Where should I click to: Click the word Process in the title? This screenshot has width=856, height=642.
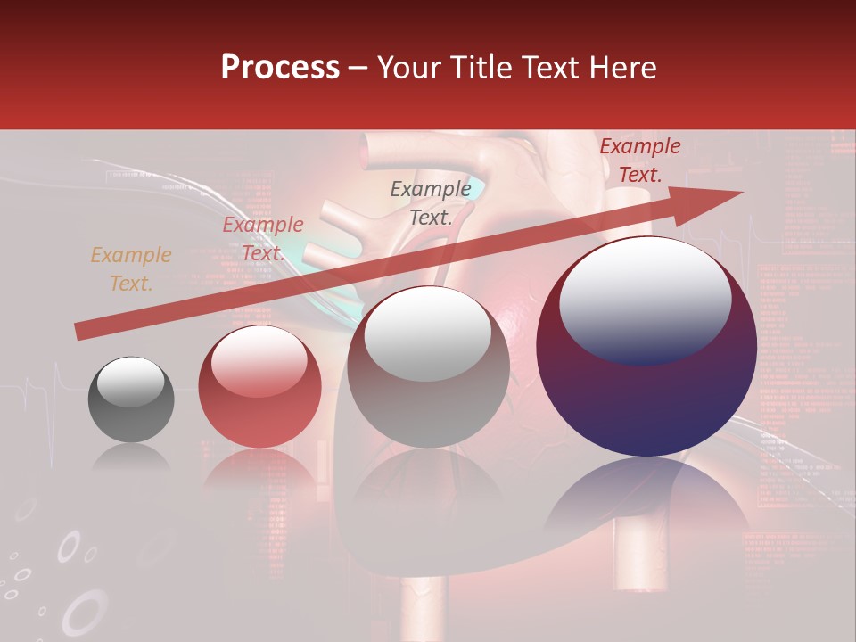tap(280, 68)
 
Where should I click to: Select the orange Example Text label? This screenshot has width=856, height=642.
tap(131, 269)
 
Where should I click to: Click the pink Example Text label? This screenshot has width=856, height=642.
tap(263, 239)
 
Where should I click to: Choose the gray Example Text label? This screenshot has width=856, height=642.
tap(431, 202)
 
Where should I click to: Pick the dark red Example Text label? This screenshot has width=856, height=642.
tap(639, 160)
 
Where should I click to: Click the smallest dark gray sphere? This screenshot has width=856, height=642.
tap(131, 415)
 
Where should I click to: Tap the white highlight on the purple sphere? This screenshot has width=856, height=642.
tap(645, 299)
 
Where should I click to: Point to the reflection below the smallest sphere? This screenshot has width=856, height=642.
tap(131, 459)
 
